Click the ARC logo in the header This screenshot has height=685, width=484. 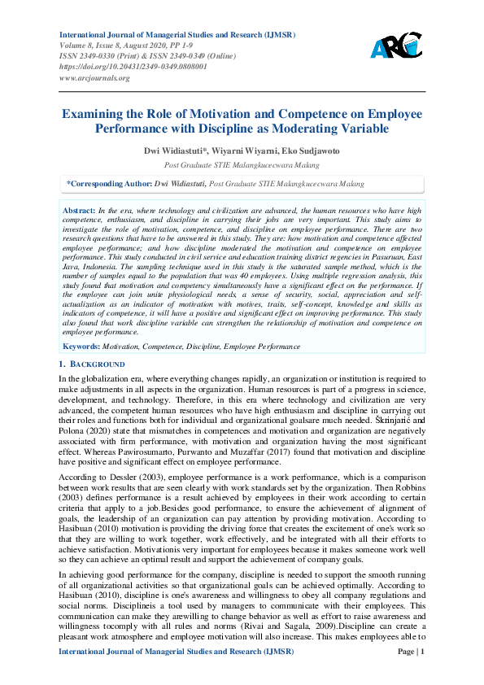click(x=396, y=46)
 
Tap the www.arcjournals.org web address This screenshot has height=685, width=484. click(x=94, y=77)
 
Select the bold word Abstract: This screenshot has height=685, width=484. click(x=80, y=211)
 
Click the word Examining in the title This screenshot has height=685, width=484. click(x=98, y=115)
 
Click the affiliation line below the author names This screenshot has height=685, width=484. click(x=242, y=164)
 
